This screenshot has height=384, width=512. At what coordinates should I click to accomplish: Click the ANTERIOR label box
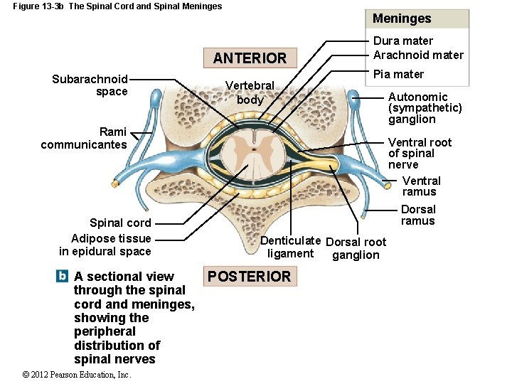click(250, 58)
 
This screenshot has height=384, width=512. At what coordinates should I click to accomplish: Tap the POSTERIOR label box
click(249, 277)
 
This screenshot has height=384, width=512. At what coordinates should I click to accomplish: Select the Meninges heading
click(402, 18)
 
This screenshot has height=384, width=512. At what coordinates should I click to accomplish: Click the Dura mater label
click(403, 41)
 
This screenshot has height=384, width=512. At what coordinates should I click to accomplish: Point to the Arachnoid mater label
click(418, 55)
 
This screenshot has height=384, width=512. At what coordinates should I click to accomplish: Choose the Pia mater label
click(398, 74)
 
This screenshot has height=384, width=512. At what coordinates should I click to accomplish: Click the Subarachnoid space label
click(90, 85)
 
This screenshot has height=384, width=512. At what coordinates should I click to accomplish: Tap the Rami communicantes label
click(85, 138)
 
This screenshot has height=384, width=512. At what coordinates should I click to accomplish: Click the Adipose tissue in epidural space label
click(106, 245)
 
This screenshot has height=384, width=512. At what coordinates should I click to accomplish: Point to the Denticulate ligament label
click(290, 247)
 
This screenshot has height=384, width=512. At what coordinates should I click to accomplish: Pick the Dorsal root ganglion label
click(356, 248)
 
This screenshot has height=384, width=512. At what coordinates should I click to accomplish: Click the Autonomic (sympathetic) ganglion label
click(425, 107)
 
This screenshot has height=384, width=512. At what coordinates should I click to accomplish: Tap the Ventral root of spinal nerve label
click(420, 153)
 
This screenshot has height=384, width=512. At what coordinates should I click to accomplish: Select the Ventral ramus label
click(421, 186)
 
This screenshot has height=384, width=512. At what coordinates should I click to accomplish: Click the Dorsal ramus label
click(418, 215)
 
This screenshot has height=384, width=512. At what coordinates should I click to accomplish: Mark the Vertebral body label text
click(250, 92)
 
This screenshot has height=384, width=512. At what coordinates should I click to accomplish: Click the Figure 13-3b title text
click(117, 6)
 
